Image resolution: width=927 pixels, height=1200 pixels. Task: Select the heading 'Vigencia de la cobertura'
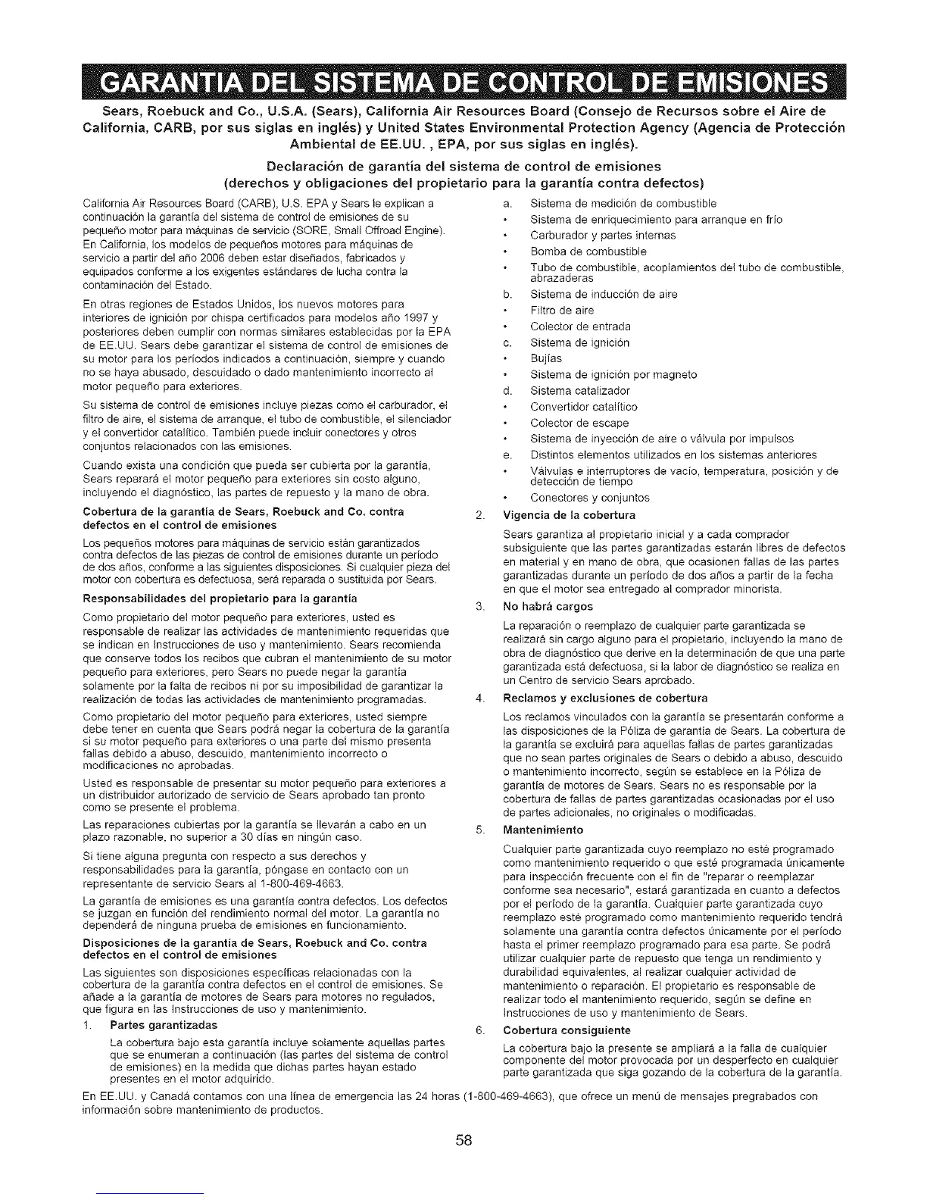click(570, 516)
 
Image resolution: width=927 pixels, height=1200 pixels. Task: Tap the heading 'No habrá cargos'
click(548, 607)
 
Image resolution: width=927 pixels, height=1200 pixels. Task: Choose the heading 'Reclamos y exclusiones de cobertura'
click(605, 698)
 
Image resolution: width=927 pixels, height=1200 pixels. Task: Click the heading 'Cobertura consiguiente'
click(566, 1030)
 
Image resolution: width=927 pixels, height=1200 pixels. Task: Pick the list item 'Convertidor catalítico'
click(583, 407)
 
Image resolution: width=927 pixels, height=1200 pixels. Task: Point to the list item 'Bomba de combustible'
click(577, 251)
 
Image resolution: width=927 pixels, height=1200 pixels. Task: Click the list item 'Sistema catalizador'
click(579, 391)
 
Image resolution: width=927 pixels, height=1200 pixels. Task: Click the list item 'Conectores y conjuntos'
click(589, 498)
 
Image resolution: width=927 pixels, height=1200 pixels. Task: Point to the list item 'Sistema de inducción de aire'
click(604, 294)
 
